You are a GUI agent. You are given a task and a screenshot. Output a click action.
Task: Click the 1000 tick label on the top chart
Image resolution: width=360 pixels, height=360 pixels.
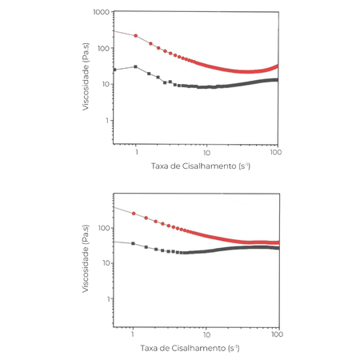point(100,13)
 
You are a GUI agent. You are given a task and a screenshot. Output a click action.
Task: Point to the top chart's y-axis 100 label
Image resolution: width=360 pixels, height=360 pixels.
point(102,49)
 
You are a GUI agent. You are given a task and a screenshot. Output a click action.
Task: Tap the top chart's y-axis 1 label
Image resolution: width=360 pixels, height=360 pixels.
point(107,121)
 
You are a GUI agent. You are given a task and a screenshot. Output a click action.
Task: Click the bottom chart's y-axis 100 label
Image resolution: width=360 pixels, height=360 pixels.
point(102,228)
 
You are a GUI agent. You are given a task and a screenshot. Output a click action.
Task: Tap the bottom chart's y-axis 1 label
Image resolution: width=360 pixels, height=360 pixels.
point(107,299)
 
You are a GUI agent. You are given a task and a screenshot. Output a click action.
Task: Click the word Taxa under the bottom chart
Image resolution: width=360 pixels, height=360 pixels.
point(150,349)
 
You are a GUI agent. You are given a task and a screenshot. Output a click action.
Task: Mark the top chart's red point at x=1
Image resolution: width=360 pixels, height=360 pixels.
point(136,36)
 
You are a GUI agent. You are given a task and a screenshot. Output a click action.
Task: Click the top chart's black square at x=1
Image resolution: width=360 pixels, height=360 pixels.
point(136,67)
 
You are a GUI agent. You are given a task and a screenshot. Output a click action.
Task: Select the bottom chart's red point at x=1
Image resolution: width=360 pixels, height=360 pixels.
point(134,214)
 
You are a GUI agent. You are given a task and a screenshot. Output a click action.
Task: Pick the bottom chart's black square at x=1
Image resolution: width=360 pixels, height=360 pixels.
point(133,242)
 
